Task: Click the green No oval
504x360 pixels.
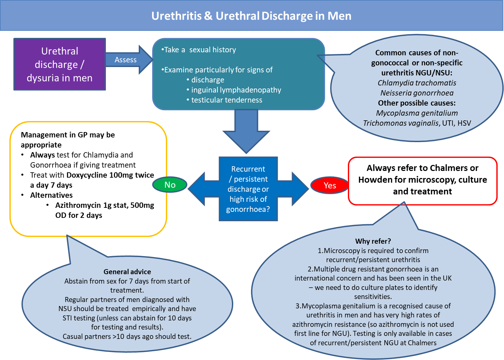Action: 170,185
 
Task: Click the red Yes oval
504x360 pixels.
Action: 330,185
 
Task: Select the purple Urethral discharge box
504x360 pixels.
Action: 60,64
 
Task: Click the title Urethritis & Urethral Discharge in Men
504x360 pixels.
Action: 251,16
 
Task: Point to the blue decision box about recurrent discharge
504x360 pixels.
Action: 248,189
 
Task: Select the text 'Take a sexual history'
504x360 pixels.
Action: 200,50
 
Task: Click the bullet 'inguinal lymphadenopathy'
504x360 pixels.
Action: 236,90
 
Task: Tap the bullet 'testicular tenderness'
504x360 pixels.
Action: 227,100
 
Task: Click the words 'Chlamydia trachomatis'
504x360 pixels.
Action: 417,83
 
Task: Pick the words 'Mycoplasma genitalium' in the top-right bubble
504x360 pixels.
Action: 417,113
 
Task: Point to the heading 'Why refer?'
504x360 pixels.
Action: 373,241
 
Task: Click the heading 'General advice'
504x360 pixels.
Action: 127,272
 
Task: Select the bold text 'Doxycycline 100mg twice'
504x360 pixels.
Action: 110,175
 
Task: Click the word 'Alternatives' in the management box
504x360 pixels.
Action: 51,195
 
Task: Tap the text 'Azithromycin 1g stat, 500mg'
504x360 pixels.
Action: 105,205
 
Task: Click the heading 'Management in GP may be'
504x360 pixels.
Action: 68,135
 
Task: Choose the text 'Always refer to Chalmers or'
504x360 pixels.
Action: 422,168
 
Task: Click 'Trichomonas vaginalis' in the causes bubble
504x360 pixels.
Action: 401,123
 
